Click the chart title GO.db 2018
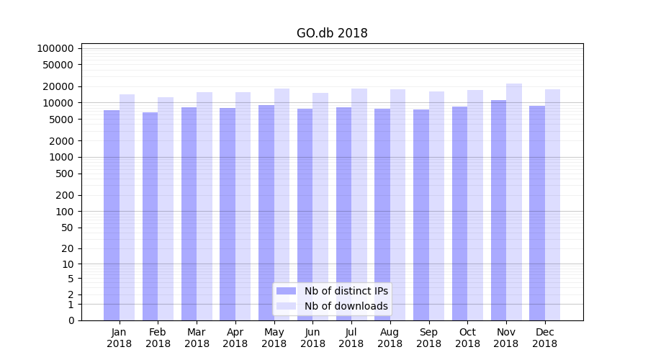coord(332,33)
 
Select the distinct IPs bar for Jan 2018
coord(112,215)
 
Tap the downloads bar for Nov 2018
coord(514,202)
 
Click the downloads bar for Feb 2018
coord(166,209)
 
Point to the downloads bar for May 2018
coord(282,204)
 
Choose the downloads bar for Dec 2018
coord(553,204)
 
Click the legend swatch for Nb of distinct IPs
coord(286,291)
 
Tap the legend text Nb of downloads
coord(346,306)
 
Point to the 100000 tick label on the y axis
coord(55,48)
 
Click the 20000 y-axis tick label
coord(58,86)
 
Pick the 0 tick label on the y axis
coord(71,320)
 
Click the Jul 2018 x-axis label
coord(351,338)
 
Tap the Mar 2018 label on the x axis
coord(197,338)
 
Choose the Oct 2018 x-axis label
coord(467,338)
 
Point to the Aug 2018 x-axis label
coord(390,338)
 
